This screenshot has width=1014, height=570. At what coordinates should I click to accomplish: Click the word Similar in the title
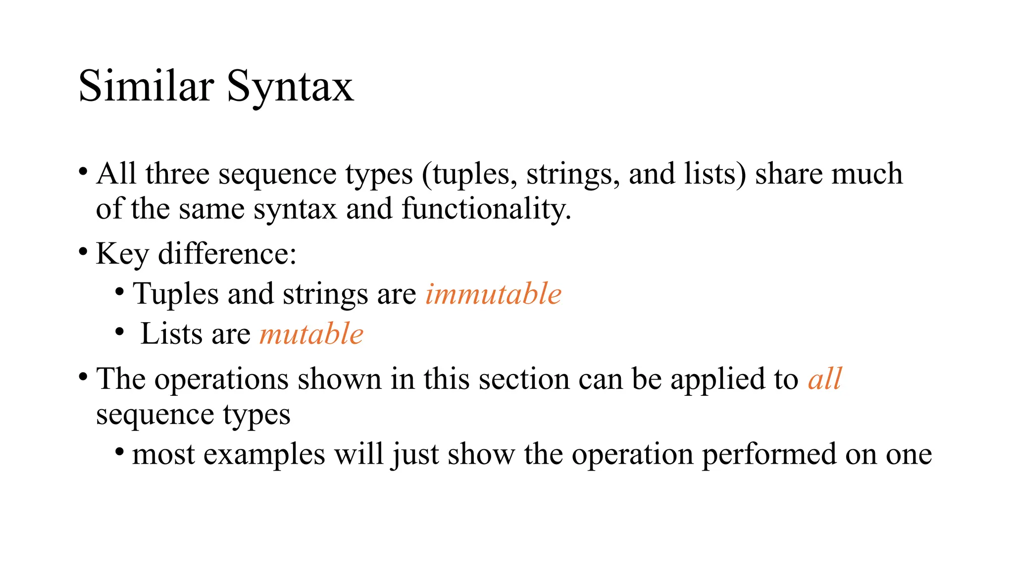[x=146, y=86]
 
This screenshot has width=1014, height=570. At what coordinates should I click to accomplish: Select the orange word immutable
[x=494, y=294]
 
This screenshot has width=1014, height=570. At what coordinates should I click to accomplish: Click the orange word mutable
[x=311, y=333]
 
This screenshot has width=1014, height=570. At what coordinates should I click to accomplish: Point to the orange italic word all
[x=824, y=379]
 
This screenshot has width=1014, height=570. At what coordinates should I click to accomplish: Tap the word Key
[x=122, y=255]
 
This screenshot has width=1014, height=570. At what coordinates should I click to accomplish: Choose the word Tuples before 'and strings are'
[x=176, y=294]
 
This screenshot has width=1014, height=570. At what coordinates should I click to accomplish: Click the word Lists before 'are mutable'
[x=171, y=333]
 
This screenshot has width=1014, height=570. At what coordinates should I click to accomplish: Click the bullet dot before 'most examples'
[x=119, y=452]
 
